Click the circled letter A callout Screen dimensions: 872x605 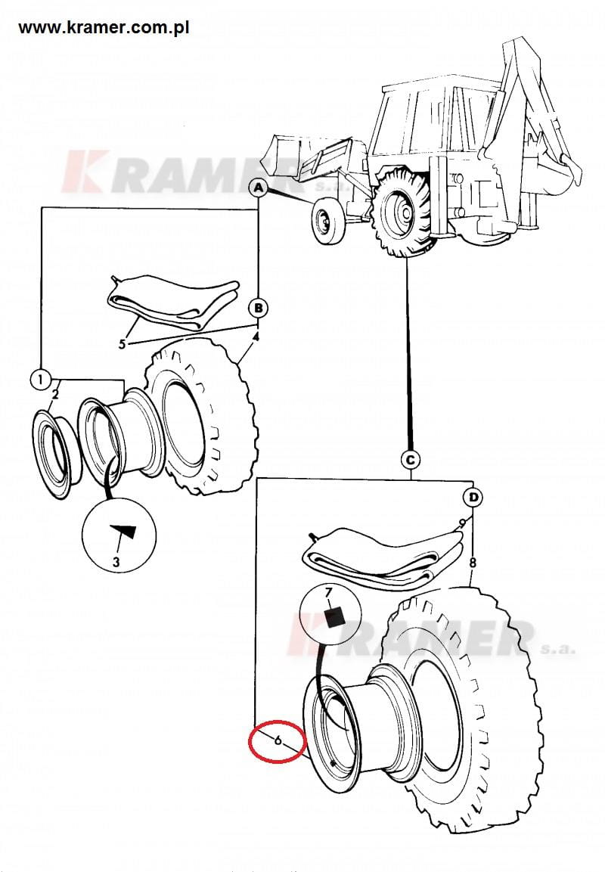point(259,187)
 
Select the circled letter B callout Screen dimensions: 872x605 point(259,307)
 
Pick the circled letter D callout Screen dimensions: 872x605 point(473,498)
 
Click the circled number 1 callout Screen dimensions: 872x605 point(41,377)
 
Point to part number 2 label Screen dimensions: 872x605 point(55,393)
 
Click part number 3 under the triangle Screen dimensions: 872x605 point(116,561)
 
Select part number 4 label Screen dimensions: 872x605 point(256,336)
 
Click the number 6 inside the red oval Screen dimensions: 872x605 point(278,740)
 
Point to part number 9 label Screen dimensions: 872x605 point(461,523)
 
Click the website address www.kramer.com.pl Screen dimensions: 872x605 point(104,28)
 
